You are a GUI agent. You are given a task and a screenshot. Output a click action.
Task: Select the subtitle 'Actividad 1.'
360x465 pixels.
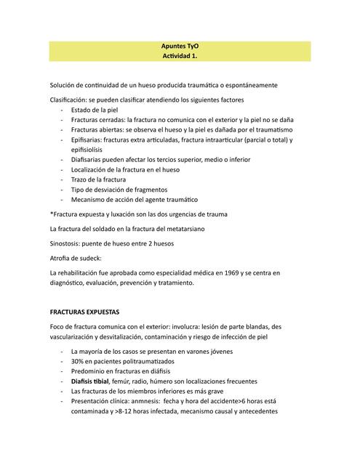(x=180, y=56)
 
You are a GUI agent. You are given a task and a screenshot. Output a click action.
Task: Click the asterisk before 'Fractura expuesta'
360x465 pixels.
(x=51, y=214)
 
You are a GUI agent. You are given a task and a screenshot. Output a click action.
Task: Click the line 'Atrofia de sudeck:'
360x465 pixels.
(x=76, y=259)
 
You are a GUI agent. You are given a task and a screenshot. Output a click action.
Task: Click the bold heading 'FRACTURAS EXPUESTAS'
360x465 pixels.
(x=89, y=312)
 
